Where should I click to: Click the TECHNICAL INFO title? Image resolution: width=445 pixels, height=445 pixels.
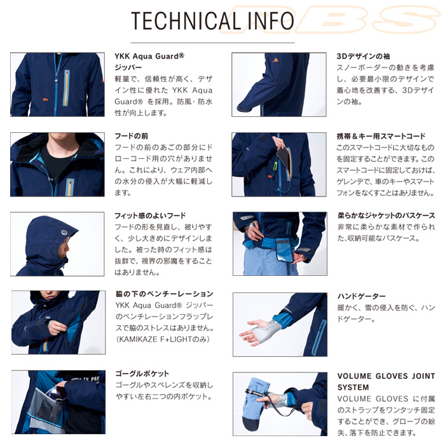[212, 22]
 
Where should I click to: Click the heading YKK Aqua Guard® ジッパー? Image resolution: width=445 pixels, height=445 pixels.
[149, 61]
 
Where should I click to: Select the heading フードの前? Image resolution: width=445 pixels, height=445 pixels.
[132, 136]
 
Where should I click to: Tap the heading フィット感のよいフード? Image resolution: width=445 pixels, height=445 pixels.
[150, 216]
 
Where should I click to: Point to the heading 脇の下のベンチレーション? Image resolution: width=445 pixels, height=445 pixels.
[163, 294]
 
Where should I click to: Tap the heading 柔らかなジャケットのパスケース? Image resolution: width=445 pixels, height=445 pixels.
[386, 216]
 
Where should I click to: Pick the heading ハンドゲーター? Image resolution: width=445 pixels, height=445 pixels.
[361, 296]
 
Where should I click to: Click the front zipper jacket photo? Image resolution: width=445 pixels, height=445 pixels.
[57, 85]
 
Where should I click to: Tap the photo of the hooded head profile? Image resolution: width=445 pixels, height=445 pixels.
[57, 243]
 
